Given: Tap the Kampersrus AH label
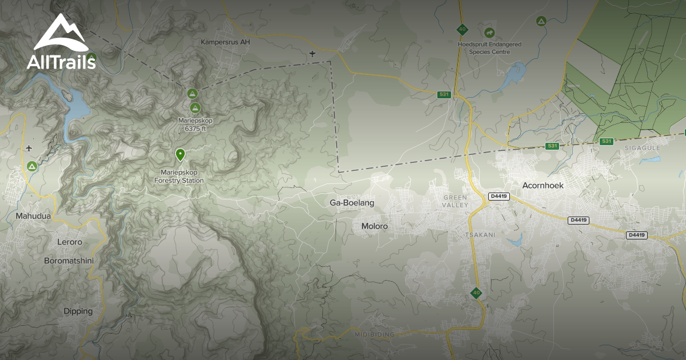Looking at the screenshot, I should click(x=225, y=42).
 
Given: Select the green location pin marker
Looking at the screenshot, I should click(x=180, y=154).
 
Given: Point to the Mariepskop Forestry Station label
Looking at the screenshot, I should click(x=179, y=177).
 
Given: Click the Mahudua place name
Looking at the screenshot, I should click(x=33, y=217).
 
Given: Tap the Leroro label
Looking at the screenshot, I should click(x=70, y=242).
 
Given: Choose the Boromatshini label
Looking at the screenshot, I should click(x=69, y=261).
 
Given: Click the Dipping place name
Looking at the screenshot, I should click(x=78, y=311).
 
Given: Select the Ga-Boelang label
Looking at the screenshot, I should click(x=352, y=203).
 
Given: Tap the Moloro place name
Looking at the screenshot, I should click(x=374, y=226).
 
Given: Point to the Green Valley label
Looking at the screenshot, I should click(x=455, y=201).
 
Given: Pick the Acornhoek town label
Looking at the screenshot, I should click(x=543, y=185).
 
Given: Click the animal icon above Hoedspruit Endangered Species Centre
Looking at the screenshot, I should click(x=489, y=33).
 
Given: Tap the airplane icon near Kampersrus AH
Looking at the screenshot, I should click(x=312, y=54).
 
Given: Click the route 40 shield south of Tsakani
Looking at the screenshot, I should click(x=476, y=293).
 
